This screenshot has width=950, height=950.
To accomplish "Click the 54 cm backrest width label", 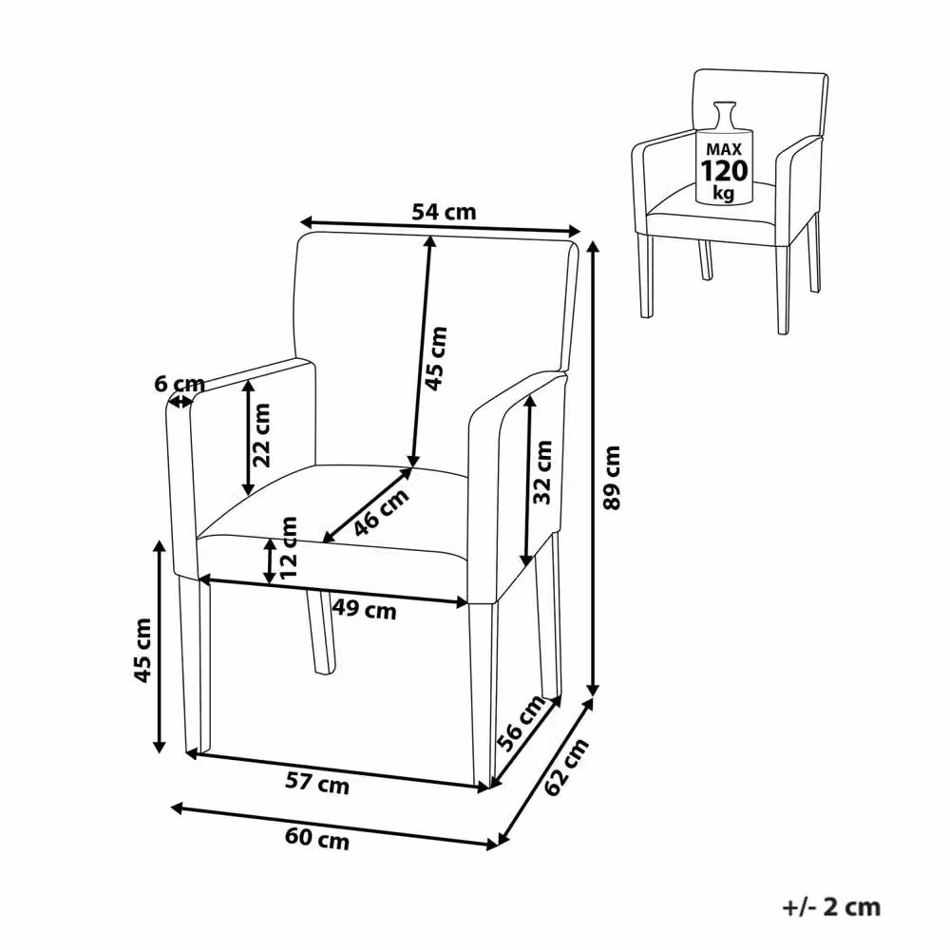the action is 444,212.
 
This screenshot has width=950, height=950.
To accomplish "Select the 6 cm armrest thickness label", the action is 180,384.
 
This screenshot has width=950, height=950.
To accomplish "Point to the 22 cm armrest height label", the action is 262,435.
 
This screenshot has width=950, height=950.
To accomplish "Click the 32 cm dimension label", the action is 542,472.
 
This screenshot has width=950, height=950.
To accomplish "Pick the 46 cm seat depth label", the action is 382,512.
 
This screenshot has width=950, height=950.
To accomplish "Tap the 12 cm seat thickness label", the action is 289,546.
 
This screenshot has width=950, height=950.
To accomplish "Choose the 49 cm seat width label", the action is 364,609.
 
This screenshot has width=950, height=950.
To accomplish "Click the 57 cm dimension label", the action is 317,784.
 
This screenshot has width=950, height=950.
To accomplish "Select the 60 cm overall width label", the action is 317,840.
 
